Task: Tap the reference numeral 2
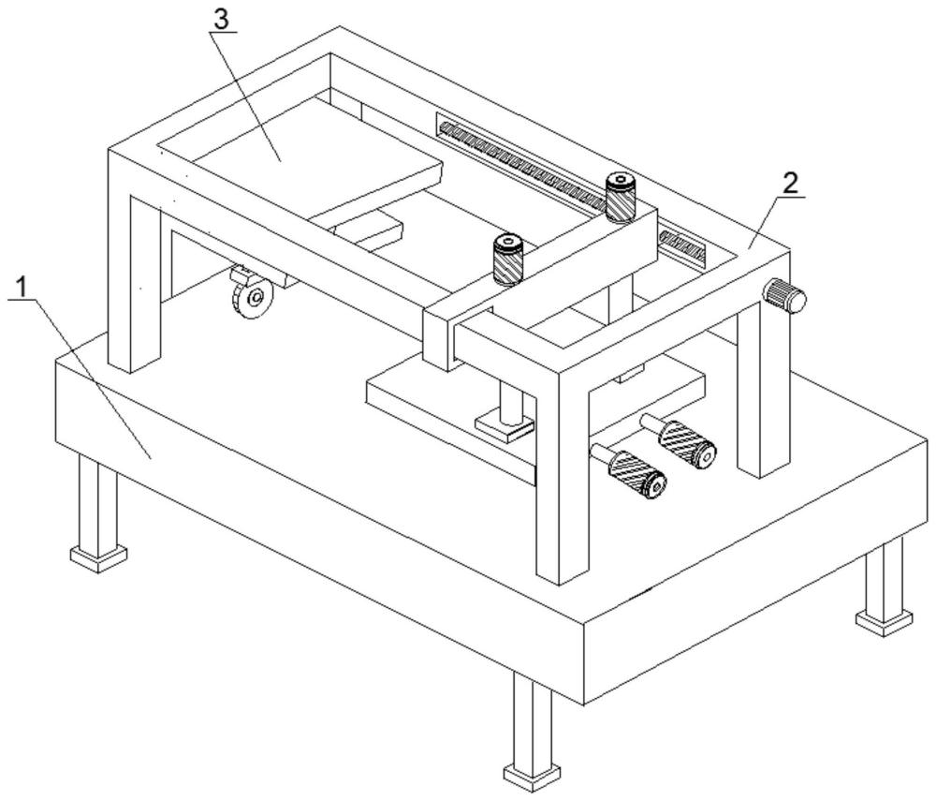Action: tap(791, 183)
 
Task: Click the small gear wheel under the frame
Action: tap(251, 297)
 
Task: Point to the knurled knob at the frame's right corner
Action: tap(783, 297)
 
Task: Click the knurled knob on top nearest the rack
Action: tap(620, 197)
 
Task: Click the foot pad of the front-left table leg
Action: tap(98, 558)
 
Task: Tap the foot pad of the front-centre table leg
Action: tap(531, 775)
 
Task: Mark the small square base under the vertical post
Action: tap(505, 428)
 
